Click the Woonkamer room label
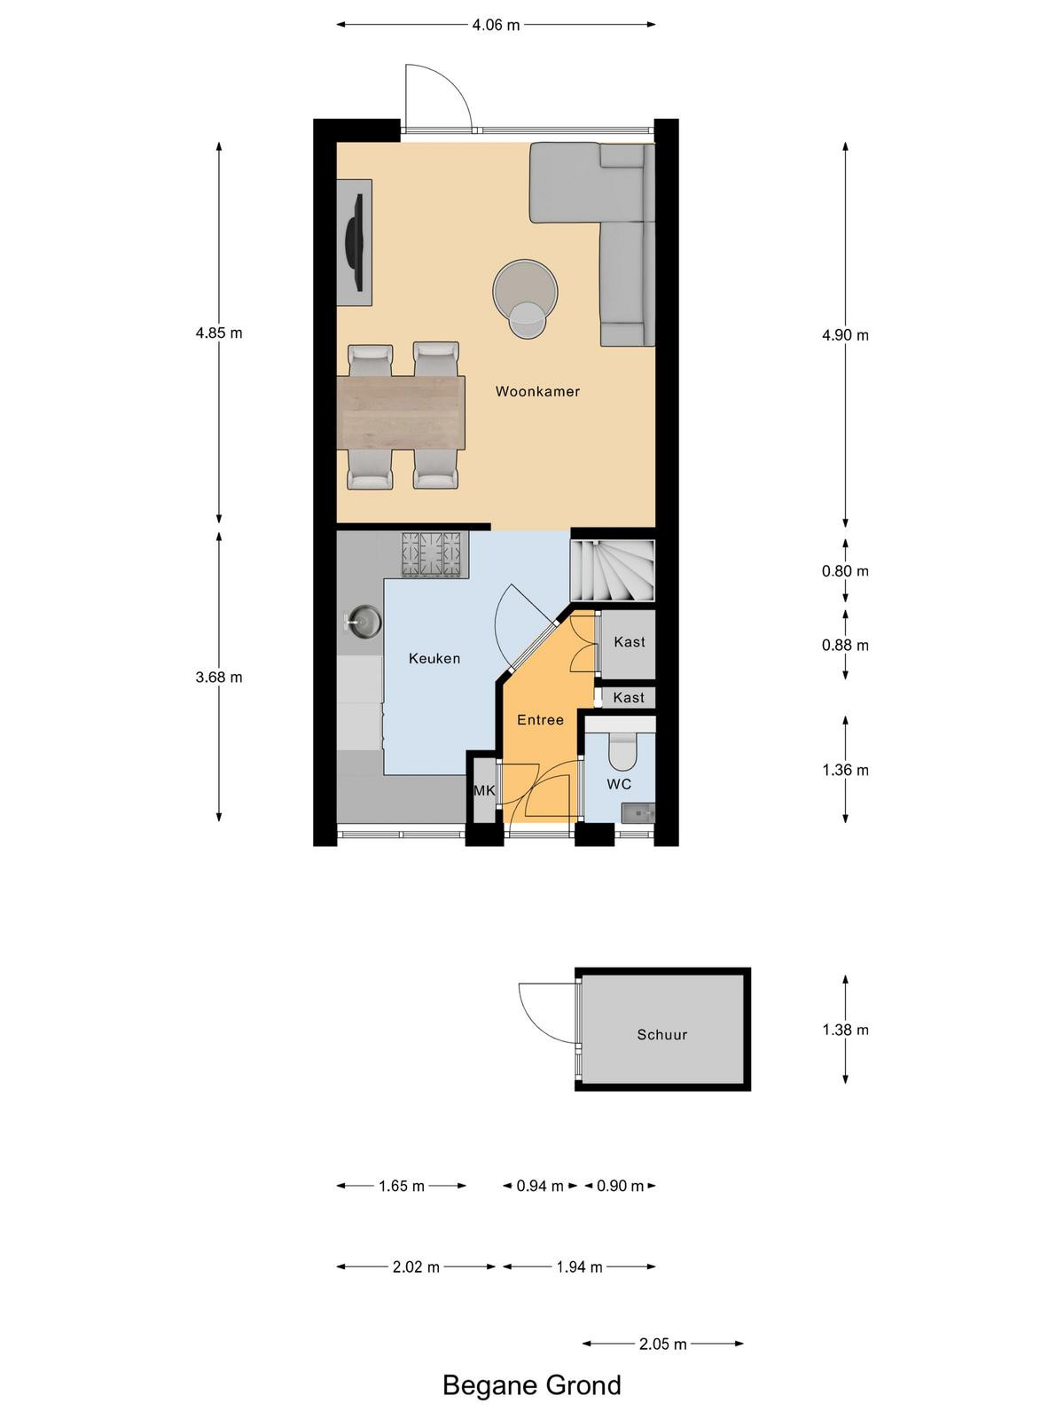(536, 391)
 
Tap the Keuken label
(434, 658)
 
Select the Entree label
(540, 719)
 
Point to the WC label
(618, 784)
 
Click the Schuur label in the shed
(661, 1034)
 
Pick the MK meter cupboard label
(484, 790)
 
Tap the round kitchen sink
(364, 622)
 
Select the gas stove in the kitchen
(431, 554)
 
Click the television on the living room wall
(356, 243)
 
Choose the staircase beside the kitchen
(613, 571)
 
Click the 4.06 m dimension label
(496, 25)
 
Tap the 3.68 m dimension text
(219, 677)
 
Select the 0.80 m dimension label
(845, 571)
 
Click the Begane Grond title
(532, 1385)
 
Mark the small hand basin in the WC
(638, 812)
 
